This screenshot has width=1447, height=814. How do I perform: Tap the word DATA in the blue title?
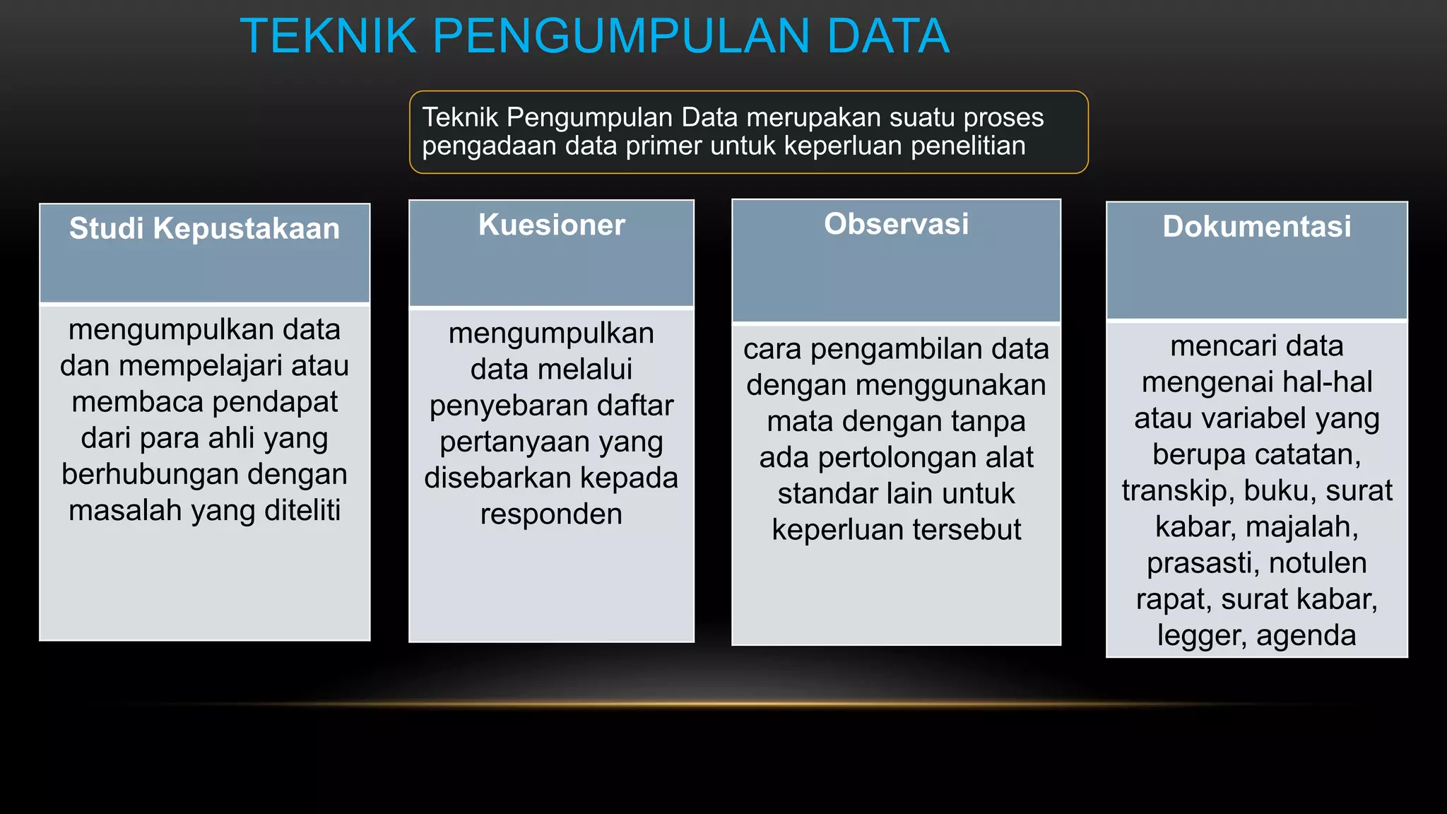click(888, 36)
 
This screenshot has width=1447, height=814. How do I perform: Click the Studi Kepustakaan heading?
click(205, 229)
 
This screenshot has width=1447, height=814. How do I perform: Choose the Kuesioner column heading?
click(552, 225)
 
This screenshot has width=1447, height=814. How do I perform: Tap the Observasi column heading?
click(897, 224)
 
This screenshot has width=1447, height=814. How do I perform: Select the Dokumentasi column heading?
click(1257, 227)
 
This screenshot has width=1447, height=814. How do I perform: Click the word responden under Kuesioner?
click(551, 514)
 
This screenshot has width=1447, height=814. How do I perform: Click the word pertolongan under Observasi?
click(884, 458)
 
